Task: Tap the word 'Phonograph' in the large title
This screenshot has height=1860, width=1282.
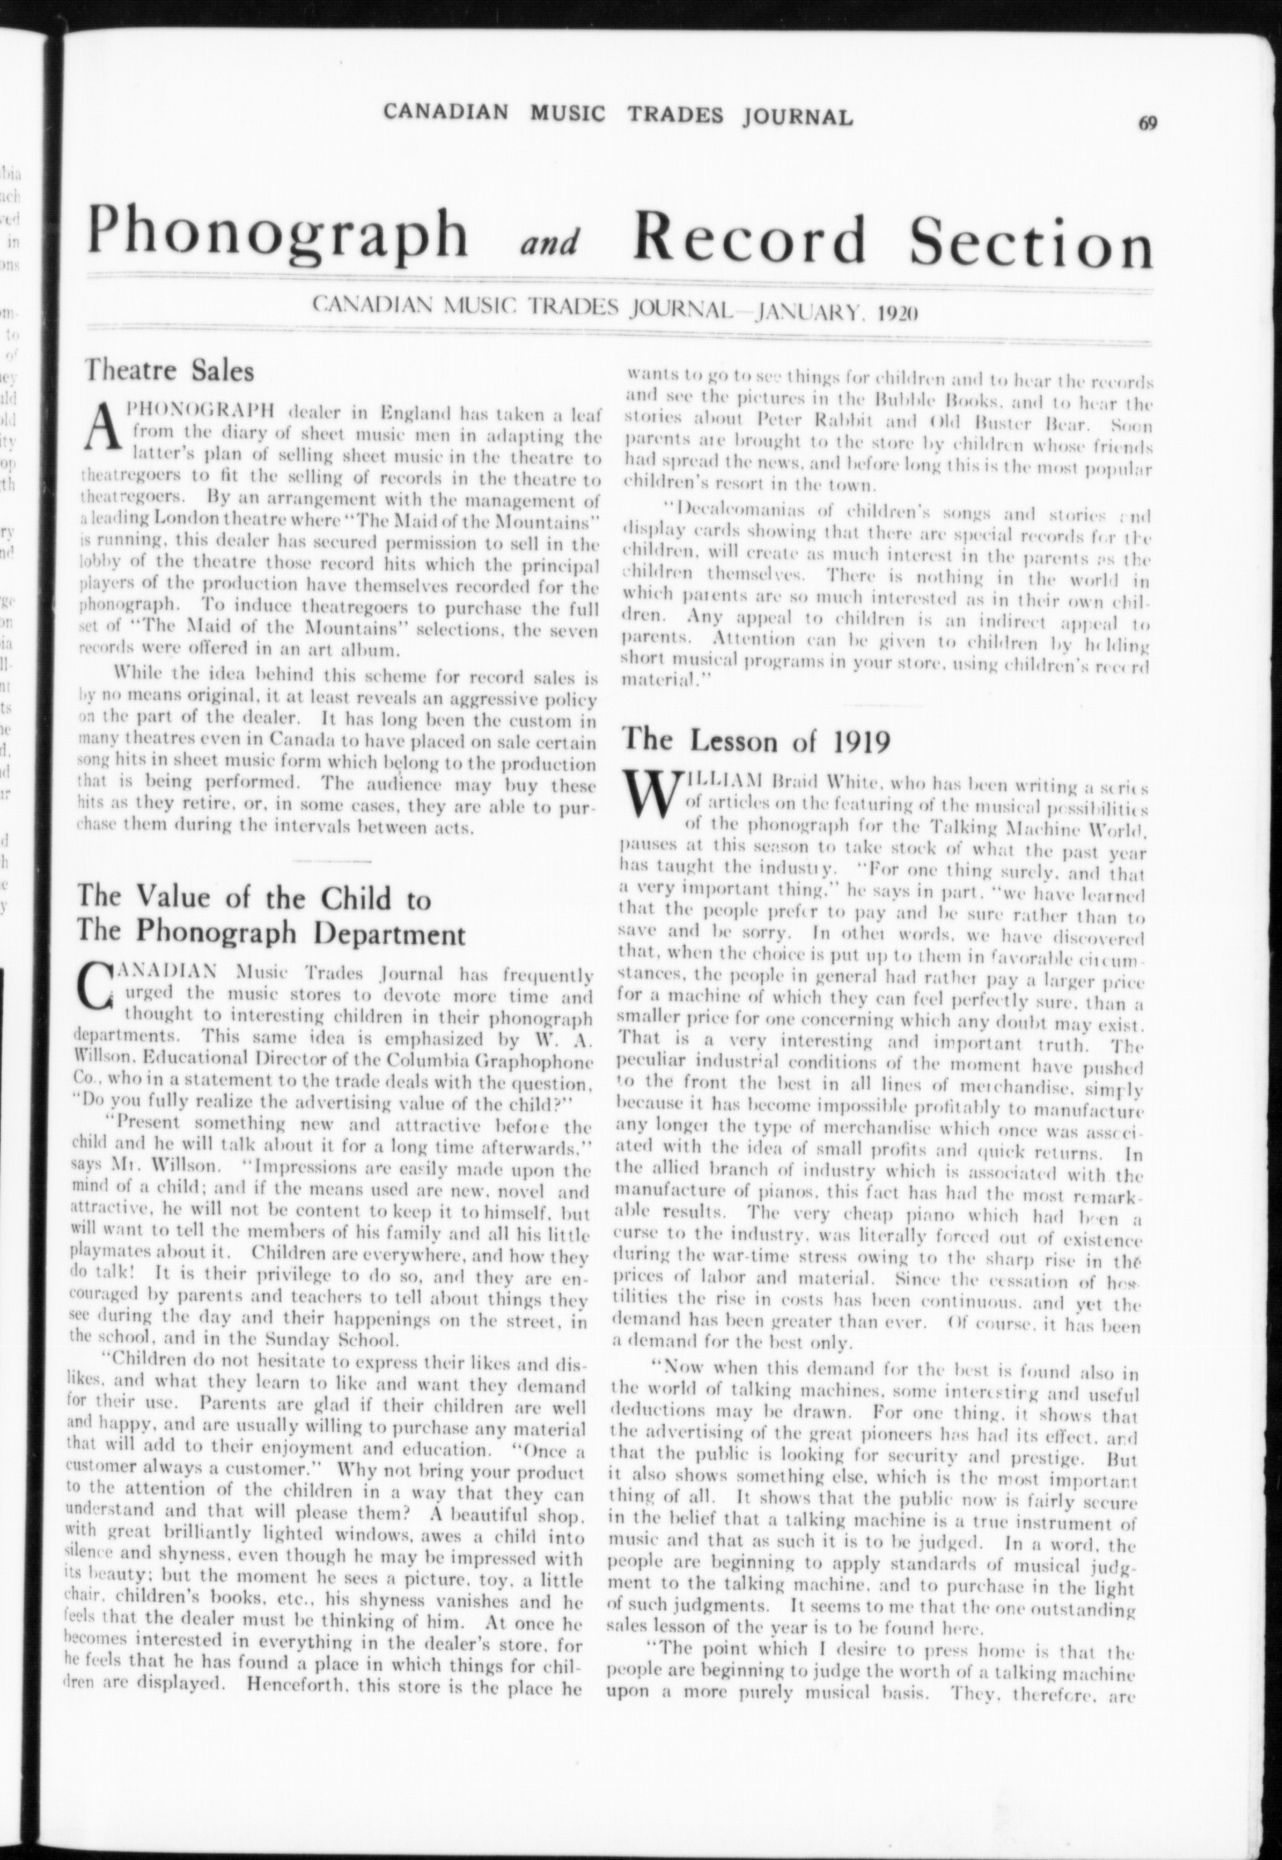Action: click(x=280, y=235)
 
